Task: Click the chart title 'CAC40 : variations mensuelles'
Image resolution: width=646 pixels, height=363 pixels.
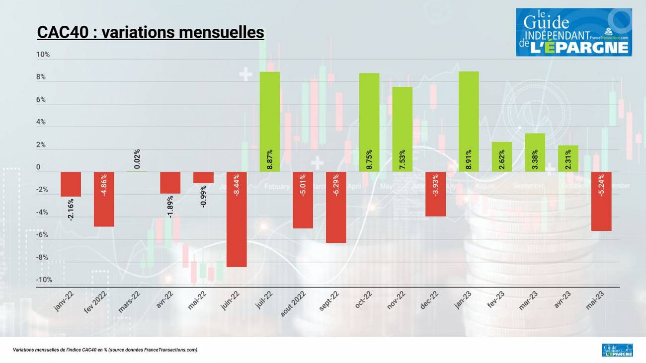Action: [x=151, y=32]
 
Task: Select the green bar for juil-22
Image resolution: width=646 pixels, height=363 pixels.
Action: [x=270, y=122]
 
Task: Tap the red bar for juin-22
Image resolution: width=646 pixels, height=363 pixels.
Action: [x=237, y=219]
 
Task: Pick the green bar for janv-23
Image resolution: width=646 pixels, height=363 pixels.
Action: [x=469, y=122]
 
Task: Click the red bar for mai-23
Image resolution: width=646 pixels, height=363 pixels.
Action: [x=601, y=201]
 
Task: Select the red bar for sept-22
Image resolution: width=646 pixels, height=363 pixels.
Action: [x=336, y=207]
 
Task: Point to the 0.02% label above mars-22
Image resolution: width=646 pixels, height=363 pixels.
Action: [x=137, y=159]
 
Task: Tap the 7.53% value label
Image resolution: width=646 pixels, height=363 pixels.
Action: [x=403, y=159]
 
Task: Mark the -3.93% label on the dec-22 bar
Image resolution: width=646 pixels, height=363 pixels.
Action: [x=435, y=185]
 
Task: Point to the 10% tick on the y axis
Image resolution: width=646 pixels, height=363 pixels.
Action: [x=43, y=55]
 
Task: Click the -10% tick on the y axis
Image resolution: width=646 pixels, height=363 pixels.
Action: [x=44, y=280]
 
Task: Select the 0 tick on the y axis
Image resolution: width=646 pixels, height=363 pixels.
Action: [x=38, y=168]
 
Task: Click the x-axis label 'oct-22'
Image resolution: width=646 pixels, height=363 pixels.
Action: [x=364, y=299]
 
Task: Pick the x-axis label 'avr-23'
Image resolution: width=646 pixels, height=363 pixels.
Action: [x=563, y=300]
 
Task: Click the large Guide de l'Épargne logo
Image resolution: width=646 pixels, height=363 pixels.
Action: [x=573, y=32]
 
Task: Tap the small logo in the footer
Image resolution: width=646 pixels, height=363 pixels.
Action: [x=617, y=350]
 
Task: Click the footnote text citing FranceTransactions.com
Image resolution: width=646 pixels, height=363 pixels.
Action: [x=106, y=350]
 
